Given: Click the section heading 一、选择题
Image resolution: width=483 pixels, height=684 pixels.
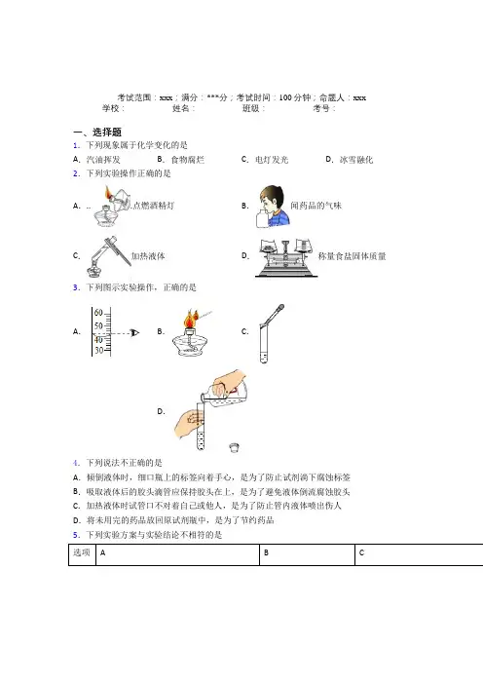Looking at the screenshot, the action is click(x=97, y=132).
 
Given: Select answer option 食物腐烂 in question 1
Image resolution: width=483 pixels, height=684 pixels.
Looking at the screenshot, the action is click(x=187, y=160).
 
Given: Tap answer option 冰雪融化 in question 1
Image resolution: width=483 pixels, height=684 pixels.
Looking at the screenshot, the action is click(x=356, y=160).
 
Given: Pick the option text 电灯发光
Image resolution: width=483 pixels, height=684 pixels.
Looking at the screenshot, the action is click(x=272, y=160).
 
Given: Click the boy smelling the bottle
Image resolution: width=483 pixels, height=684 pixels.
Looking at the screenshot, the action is click(x=273, y=206).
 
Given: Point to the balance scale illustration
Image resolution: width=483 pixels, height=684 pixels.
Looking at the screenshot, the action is click(x=286, y=258).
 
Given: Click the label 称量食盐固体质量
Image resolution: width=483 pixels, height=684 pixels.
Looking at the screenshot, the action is click(x=352, y=256).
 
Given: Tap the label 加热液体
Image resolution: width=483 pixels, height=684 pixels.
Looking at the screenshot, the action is click(x=148, y=256).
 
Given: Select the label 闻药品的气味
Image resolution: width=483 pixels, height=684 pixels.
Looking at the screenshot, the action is click(x=316, y=206).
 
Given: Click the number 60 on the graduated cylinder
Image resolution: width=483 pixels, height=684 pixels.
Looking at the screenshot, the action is click(x=98, y=313).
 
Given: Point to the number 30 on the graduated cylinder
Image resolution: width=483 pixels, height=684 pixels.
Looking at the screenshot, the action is click(x=99, y=351).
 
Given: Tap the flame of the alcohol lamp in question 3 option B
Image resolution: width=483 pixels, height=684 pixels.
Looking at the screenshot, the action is click(x=191, y=320).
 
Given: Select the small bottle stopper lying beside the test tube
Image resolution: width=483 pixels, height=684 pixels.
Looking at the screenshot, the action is click(x=234, y=447).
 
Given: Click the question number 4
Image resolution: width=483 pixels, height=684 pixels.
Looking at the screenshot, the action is click(x=76, y=463).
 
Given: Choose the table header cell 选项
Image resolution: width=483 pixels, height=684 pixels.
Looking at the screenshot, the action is click(x=82, y=552).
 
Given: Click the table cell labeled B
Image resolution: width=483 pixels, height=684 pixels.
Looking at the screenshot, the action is click(x=308, y=554).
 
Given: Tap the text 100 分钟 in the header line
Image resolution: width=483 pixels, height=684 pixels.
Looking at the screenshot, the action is click(x=295, y=97).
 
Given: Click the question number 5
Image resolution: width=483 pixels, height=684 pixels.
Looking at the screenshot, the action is click(x=76, y=535).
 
